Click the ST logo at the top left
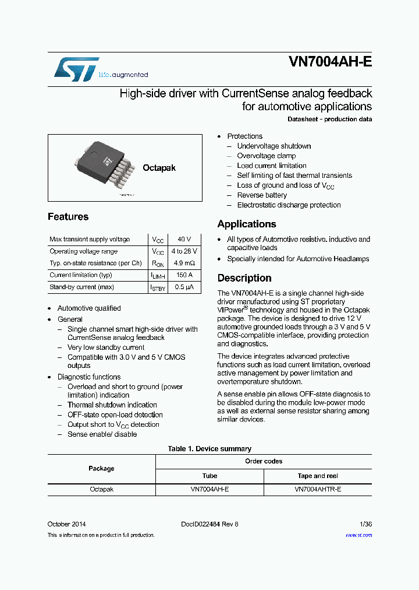[77, 69]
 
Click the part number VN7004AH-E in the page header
[330, 62]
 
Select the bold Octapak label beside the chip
[159, 168]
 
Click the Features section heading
[68, 217]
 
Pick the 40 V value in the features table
[184, 240]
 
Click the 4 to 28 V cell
[184, 251]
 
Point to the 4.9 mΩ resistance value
[184, 263]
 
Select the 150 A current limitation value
[184, 275]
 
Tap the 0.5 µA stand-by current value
[184, 287]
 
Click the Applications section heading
[247, 224]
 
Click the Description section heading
[244, 278]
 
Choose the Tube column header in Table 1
[210, 476]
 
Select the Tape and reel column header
[318, 476]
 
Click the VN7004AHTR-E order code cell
[318, 490]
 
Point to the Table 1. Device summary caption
[210, 449]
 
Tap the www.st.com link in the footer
[358, 535]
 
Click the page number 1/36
[366, 524]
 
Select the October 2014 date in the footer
[67, 524]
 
